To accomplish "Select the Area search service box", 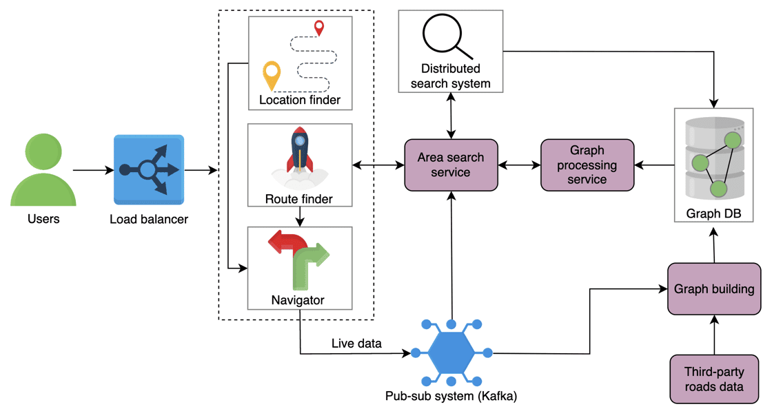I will (451, 165).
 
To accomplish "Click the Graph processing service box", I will (587, 165).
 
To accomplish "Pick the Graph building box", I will (714, 289).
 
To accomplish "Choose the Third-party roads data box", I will (714, 379).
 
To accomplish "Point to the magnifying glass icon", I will (447, 35).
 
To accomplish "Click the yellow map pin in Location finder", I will (272, 74).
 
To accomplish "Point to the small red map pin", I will (318, 28).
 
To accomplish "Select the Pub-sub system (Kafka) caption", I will (451, 397).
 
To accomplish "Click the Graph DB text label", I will (713, 214).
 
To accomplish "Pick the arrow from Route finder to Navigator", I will (300, 218).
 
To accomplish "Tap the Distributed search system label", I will (451, 76).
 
